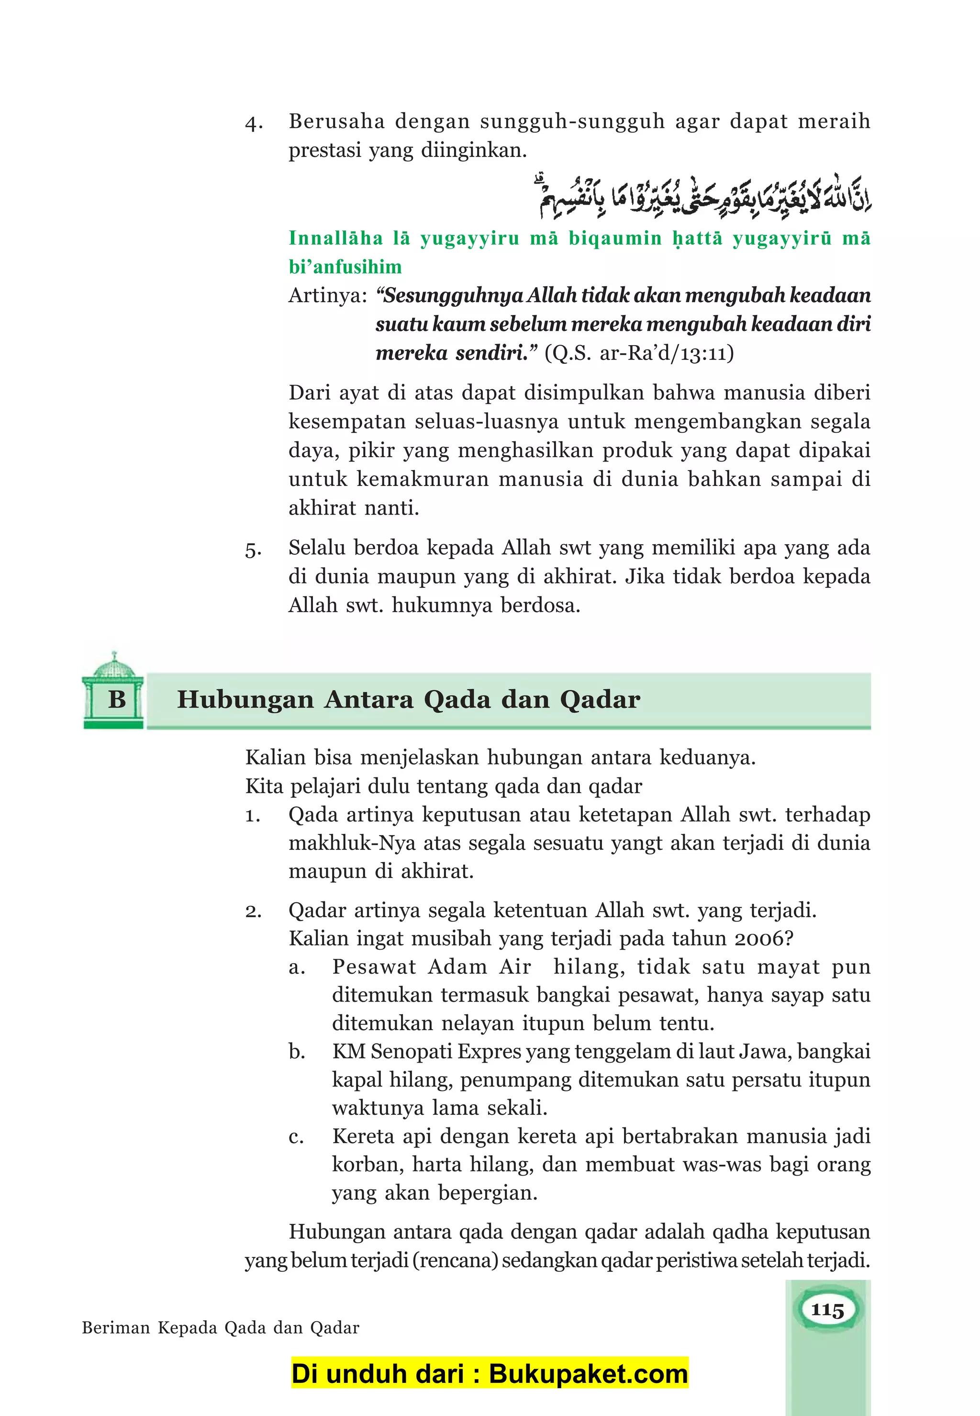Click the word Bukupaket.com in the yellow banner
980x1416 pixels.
(588, 1375)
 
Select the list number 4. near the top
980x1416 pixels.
(254, 124)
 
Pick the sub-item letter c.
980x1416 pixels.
(297, 1137)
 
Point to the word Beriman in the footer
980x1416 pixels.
(116, 1328)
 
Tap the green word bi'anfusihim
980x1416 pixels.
(345, 267)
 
